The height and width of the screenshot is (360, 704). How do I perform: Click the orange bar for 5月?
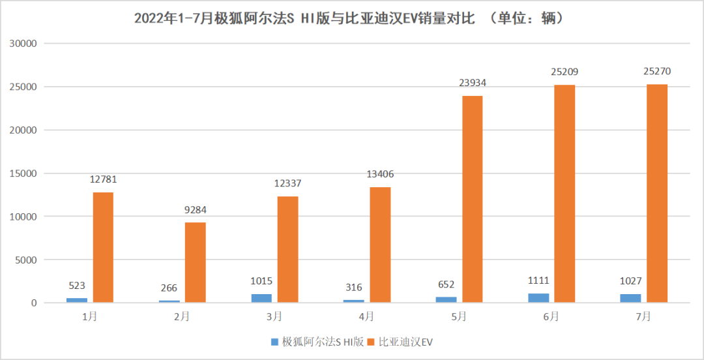tap(472, 199)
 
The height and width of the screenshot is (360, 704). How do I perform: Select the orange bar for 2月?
tap(195, 262)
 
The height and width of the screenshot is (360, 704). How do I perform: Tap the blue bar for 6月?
tap(538, 298)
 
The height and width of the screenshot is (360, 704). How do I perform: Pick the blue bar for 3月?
tap(261, 298)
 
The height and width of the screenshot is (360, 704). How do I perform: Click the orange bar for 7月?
tap(656, 193)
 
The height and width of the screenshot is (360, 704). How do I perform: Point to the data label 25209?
tap(565, 72)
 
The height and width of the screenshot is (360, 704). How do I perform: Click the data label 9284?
tap(195, 210)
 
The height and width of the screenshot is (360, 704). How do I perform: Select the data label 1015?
tap(261, 281)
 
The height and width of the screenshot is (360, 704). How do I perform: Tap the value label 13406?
tap(379, 174)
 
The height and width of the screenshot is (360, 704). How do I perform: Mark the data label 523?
tap(77, 286)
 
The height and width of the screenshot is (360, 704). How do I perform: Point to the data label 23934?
tap(472, 83)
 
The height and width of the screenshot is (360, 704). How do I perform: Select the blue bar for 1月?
tap(77, 300)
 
